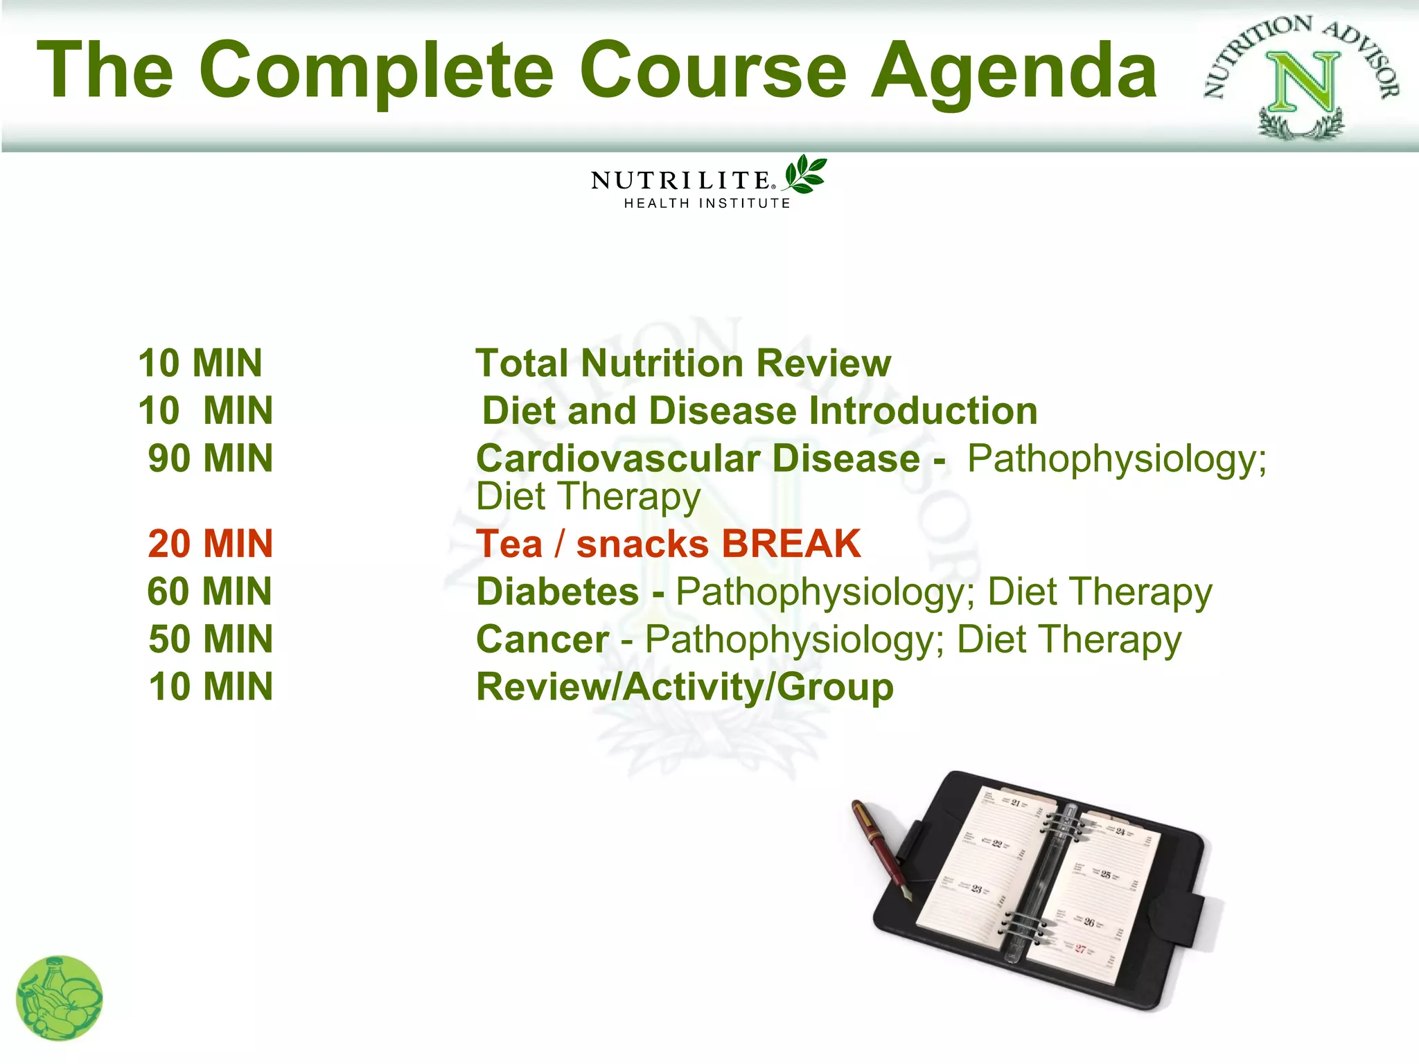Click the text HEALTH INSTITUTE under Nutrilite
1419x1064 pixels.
point(707,204)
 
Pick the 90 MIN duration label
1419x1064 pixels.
point(211,459)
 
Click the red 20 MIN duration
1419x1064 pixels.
point(211,544)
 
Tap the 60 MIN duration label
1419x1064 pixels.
point(209,592)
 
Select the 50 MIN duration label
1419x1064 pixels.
point(211,639)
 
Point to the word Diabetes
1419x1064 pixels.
point(558,592)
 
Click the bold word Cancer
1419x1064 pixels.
point(543,639)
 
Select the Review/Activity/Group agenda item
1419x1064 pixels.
point(685,687)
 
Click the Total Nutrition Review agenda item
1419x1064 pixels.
point(683,364)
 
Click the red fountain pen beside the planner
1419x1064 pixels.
point(880,849)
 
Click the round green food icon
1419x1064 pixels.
point(60,998)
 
